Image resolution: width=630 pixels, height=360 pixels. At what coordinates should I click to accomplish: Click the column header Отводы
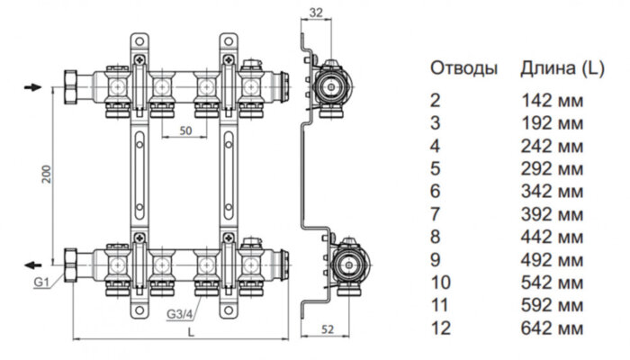click(463, 68)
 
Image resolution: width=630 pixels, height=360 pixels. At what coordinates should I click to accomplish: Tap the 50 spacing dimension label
click(185, 130)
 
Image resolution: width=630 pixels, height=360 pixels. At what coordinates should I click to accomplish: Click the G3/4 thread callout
click(180, 313)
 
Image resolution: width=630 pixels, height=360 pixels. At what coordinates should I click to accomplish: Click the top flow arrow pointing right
click(31, 87)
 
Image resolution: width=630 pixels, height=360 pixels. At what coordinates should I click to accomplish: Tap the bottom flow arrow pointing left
click(31, 265)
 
